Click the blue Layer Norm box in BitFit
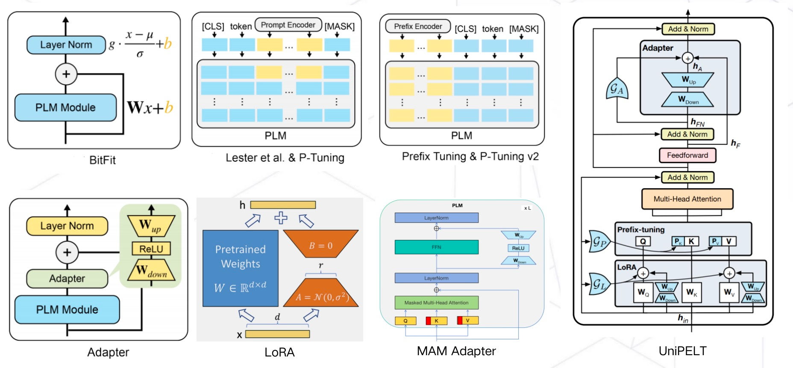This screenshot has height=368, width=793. pos(66,45)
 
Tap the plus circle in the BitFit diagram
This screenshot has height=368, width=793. pos(66,74)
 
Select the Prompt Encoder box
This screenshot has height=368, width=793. pos(288,25)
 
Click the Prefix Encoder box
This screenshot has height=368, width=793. pos(418,27)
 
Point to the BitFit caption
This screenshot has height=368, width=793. pos(103,160)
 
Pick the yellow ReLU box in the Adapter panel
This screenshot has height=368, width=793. pos(151,249)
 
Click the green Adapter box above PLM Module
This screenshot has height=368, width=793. pos(67,279)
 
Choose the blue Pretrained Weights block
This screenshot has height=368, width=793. pos(241,268)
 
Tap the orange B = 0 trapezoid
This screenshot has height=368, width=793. pos(321,244)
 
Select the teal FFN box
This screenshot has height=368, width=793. pos(436,247)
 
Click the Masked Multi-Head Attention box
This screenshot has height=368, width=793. pos(436,303)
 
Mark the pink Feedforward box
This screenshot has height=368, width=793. pos(687,155)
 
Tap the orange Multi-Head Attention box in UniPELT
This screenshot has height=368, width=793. pos(687,199)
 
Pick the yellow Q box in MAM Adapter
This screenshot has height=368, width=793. pos(405,321)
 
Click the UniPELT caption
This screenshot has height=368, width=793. pos(682,351)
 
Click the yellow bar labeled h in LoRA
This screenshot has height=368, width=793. pos(283,205)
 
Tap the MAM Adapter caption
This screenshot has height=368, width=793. pos(456,351)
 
